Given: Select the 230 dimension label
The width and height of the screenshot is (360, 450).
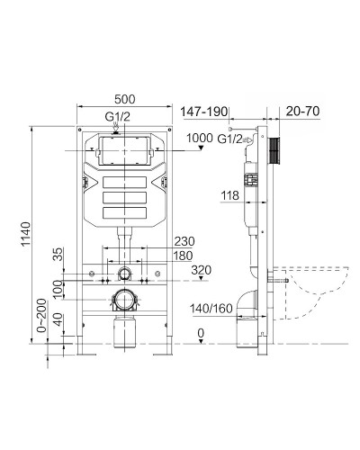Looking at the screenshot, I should [x=184, y=240].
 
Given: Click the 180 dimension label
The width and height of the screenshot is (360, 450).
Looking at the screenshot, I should [x=184, y=256].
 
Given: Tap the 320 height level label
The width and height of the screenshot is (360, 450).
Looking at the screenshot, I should [x=202, y=269].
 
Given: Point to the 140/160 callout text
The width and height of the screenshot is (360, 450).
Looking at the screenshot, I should [x=211, y=309].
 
